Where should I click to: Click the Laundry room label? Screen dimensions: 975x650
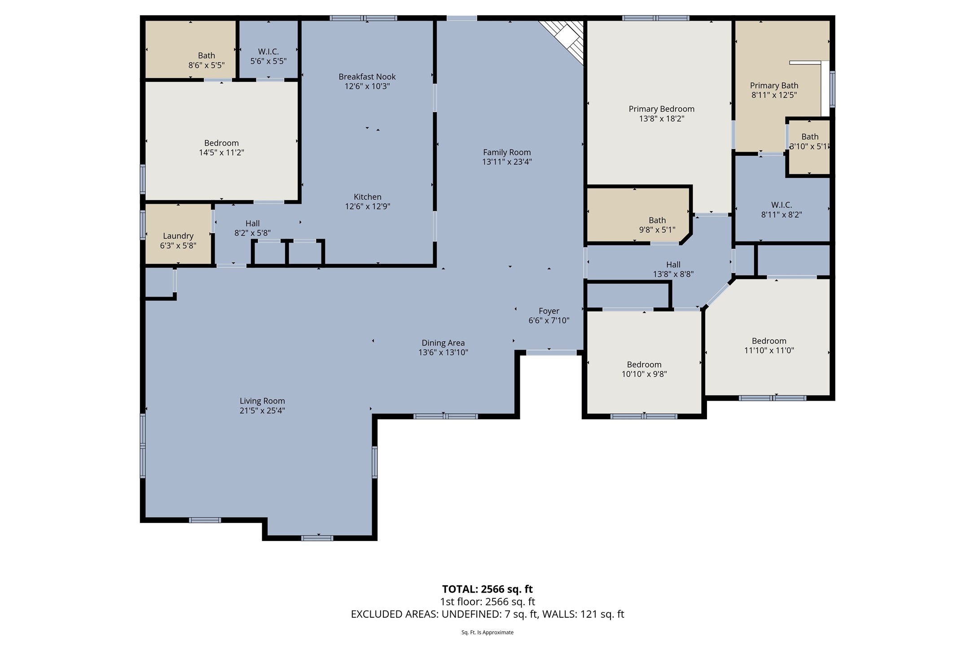click(178, 236)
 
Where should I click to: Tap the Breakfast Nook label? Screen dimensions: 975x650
click(367, 77)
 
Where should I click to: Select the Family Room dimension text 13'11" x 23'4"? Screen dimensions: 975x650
click(507, 162)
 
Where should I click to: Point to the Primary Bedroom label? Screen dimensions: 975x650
click(661, 109)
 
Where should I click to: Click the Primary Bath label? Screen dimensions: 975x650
click(774, 85)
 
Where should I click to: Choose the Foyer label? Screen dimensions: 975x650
click(549, 311)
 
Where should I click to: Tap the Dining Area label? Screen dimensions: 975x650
click(443, 343)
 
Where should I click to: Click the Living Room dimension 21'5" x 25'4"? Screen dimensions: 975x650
click(262, 411)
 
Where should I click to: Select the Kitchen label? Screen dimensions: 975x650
click(367, 197)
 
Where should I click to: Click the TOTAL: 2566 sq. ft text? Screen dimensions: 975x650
click(487, 589)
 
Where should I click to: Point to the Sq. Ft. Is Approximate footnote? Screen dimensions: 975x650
click(487, 632)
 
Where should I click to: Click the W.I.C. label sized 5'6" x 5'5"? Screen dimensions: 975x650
click(268, 52)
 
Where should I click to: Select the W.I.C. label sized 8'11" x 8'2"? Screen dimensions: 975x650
click(781, 205)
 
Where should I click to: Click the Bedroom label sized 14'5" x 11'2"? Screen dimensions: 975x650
click(221, 143)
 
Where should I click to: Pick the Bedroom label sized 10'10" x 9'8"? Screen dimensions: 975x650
click(644, 365)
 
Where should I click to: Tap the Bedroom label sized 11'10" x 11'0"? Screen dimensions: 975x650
click(769, 341)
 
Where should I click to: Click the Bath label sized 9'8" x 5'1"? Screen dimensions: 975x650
click(657, 220)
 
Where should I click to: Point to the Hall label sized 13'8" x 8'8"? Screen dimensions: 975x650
click(673, 264)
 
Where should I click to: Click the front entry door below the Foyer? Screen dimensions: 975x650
click(551, 353)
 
